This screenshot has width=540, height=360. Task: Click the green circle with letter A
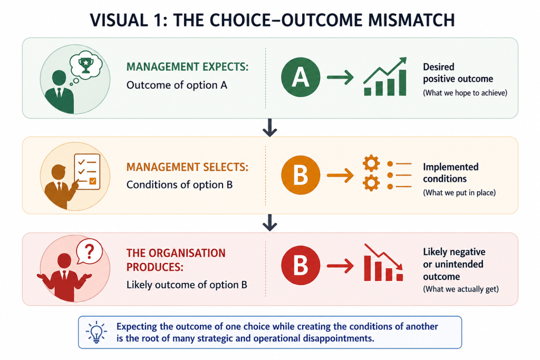pyautogui.click(x=301, y=77)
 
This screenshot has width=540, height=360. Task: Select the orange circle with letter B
pyautogui.click(x=301, y=175)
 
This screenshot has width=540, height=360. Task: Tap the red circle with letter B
pyautogui.click(x=301, y=265)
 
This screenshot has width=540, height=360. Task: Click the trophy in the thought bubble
pyautogui.click(x=86, y=65)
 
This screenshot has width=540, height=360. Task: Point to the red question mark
pyautogui.click(x=89, y=251)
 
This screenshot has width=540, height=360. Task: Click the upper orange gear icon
pyautogui.click(x=371, y=163)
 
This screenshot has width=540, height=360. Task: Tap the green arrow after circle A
pyautogui.click(x=340, y=77)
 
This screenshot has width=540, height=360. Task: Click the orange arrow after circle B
pyautogui.click(x=340, y=175)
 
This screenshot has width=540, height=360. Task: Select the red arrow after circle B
pyautogui.click(x=340, y=266)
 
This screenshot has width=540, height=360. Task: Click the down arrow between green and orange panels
pyautogui.click(x=269, y=128)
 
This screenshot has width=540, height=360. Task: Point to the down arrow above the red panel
pyautogui.click(x=269, y=222)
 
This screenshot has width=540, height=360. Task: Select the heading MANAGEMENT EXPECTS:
pyautogui.click(x=187, y=67)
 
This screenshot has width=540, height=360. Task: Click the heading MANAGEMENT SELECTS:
pyautogui.click(x=187, y=167)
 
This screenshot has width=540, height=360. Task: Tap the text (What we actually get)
pyautogui.click(x=461, y=289)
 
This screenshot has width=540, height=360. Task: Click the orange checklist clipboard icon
pyautogui.click(x=87, y=171)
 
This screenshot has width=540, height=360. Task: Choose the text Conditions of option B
pyautogui.click(x=179, y=185)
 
